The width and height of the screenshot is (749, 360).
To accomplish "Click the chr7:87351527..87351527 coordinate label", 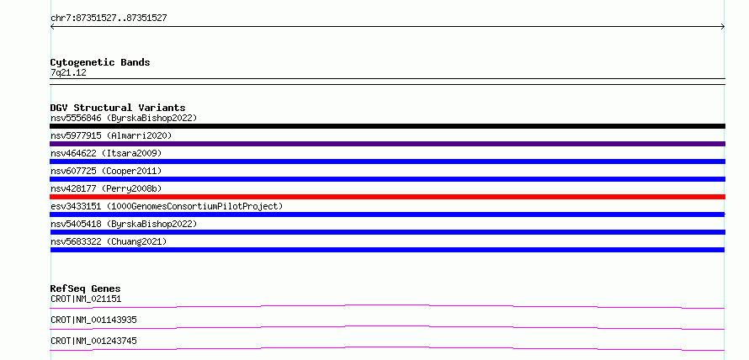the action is pyautogui.click(x=109, y=19).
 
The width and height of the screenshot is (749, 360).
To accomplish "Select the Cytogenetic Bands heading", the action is pyautogui.click(x=100, y=62).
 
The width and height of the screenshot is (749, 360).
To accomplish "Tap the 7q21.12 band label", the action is pyautogui.click(x=68, y=73).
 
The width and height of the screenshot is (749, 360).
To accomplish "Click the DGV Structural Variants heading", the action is pyautogui.click(x=118, y=108).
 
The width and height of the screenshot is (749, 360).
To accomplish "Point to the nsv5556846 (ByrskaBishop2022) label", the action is pyautogui.click(x=124, y=118).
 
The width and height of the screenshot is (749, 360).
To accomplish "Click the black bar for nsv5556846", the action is pyautogui.click(x=387, y=126).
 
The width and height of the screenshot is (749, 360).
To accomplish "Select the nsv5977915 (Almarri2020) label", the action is pyautogui.click(x=111, y=135).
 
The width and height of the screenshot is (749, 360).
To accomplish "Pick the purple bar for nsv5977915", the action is pyautogui.click(x=387, y=144).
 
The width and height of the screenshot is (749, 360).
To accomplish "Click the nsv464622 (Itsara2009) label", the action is pyautogui.click(x=106, y=153).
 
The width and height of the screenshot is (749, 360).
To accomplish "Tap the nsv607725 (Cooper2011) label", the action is pyautogui.click(x=106, y=171).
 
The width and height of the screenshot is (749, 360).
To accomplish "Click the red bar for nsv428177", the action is pyautogui.click(x=387, y=197).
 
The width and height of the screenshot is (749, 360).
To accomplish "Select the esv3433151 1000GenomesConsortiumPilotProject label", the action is pyautogui.click(x=167, y=206).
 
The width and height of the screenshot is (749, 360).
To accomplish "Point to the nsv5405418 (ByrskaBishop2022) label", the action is pyautogui.click(x=124, y=224).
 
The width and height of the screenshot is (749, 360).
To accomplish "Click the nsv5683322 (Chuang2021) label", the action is pyautogui.click(x=109, y=241).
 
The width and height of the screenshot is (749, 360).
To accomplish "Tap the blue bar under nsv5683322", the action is pyautogui.click(x=387, y=250).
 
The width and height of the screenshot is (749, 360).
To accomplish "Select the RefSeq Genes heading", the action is pyautogui.click(x=86, y=289).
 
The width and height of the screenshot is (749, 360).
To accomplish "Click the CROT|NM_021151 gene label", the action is pyautogui.click(x=86, y=299).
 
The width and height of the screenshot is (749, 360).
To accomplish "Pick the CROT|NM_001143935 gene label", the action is pyautogui.click(x=93, y=320).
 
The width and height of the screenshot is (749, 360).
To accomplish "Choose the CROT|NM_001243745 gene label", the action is pyautogui.click(x=93, y=341).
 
